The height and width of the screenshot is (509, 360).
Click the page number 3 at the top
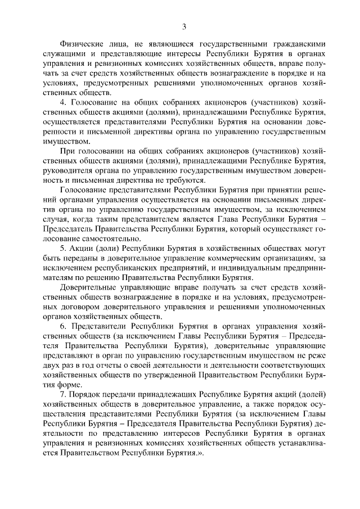coord(183,26)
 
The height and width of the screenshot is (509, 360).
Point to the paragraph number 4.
coord(63,103)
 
